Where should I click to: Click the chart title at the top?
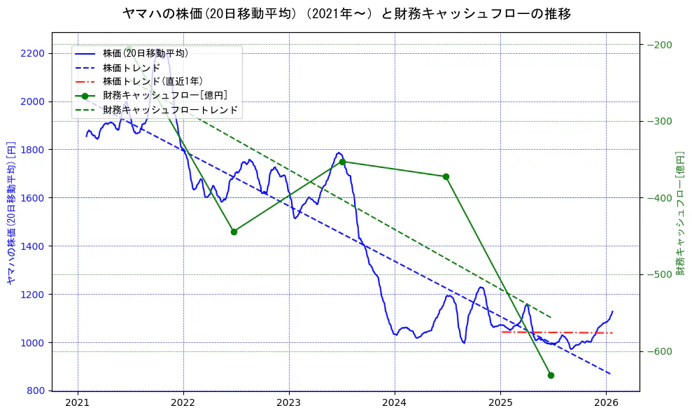pos(346,14)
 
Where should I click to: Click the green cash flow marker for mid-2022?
pos(234,232)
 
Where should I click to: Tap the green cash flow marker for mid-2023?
pos(342,162)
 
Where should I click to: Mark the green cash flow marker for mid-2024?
pos(446,176)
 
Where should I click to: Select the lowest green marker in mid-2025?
pos(551,375)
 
